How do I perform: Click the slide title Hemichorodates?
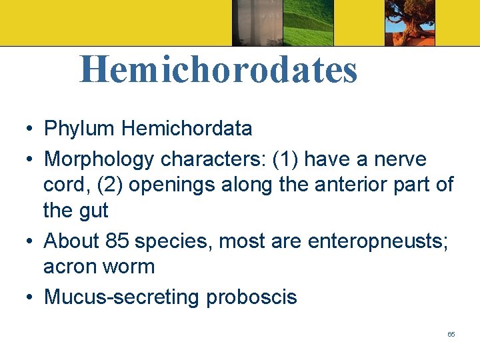pyautogui.click(x=219, y=70)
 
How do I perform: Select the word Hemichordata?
pyautogui.click(x=189, y=128)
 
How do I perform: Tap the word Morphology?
pyautogui.click(x=99, y=159)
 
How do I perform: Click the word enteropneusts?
pyautogui.click(x=377, y=241)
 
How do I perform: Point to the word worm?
pyautogui.click(x=131, y=267)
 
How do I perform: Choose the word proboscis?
pyautogui.click(x=251, y=297)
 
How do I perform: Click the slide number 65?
pyautogui.click(x=451, y=334)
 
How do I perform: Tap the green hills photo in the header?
pyautogui.click(x=307, y=23)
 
